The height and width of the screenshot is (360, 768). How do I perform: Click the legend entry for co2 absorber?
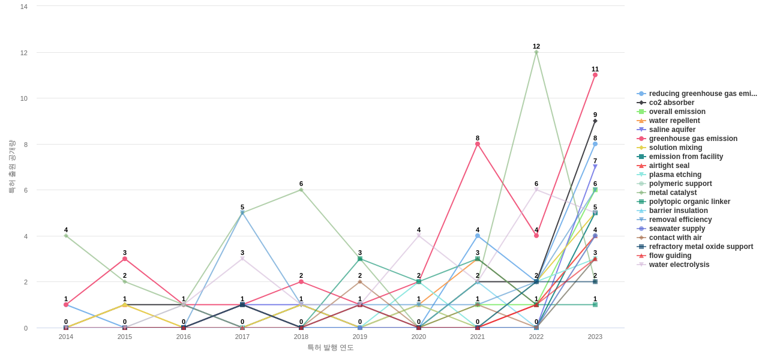671,103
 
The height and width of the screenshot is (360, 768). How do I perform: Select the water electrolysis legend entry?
679,265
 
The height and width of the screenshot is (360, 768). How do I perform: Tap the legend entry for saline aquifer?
672,130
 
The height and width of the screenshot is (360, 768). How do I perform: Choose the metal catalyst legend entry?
673,193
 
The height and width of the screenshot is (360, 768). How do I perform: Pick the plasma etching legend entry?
675,175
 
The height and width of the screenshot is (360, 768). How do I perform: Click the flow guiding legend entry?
670,256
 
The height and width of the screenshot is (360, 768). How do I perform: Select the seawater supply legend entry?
677,229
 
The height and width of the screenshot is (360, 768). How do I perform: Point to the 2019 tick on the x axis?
360,337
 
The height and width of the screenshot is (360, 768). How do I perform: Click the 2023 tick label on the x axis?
595,337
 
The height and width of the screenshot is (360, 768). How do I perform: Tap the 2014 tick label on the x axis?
66,337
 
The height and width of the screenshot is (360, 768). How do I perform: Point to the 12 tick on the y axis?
24,53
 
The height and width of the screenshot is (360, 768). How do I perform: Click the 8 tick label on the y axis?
26,145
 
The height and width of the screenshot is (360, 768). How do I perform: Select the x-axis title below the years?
331,347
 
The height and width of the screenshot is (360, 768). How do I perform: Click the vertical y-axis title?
11,167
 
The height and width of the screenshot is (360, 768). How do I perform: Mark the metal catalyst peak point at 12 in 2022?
536,52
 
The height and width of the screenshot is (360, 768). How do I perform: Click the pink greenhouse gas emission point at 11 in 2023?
595,75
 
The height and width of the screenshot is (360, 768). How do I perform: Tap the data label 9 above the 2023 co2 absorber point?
595,115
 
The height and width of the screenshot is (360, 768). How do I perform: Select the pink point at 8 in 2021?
478,144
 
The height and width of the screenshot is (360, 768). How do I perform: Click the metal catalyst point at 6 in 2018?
301,190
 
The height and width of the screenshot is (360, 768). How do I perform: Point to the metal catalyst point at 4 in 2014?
66,236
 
